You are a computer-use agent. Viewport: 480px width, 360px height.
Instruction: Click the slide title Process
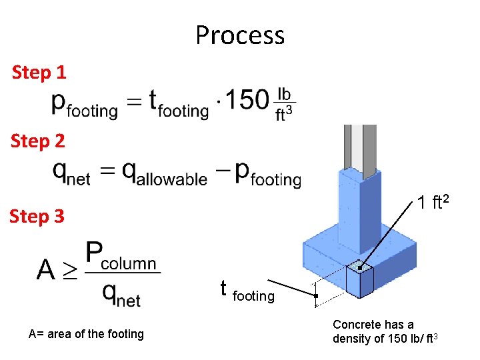click(240, 35)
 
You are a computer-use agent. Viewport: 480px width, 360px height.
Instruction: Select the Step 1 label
click(39, 72)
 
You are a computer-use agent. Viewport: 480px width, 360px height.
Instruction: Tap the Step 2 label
click(39, 141)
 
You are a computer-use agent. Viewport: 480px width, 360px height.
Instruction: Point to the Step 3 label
click(37, 216)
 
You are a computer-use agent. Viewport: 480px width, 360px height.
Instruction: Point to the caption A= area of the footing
click(86, 334)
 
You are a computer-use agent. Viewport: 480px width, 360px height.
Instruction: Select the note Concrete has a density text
click(385, 331)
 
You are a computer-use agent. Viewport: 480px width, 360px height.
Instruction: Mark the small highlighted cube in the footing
click(359, 279)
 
